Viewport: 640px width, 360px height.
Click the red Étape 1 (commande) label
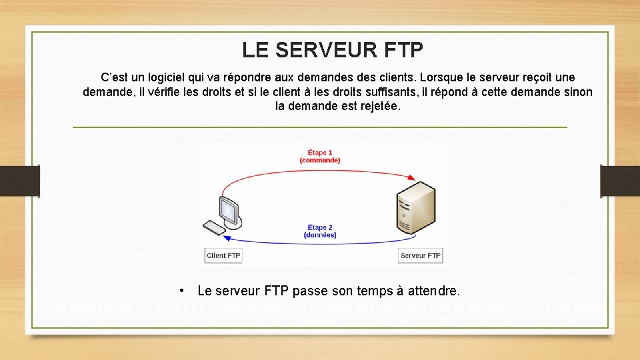320,157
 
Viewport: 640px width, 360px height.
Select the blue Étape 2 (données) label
320,231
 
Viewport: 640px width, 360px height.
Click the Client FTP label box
223,255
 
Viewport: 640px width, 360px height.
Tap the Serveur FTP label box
420,255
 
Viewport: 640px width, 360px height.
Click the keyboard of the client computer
215,228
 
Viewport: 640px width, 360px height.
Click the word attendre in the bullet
433,291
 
